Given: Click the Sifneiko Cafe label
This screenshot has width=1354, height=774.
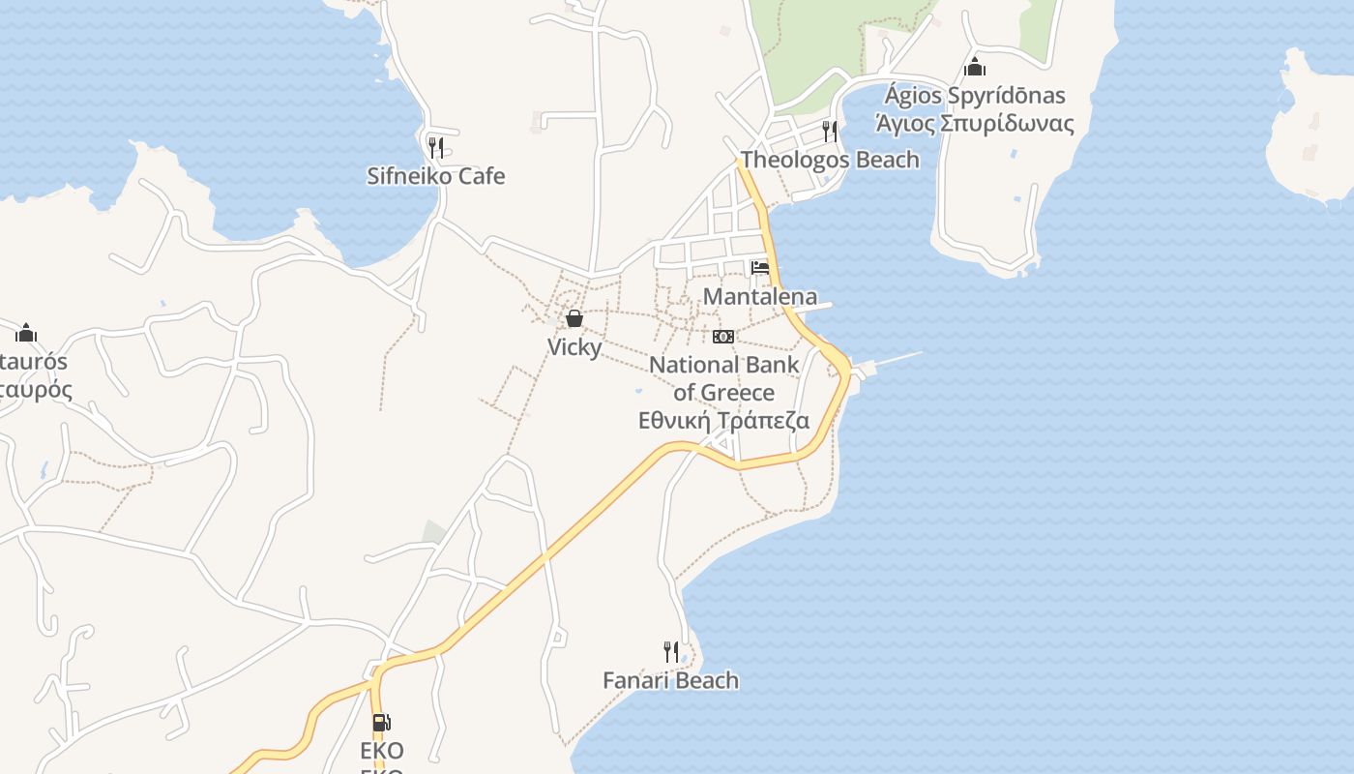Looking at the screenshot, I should coord(435,176).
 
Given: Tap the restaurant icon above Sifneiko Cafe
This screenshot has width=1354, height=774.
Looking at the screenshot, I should coord(436,147).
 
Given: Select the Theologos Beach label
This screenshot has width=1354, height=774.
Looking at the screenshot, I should coord(830,160).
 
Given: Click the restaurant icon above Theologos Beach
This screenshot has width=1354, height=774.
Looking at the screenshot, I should coord(830,131).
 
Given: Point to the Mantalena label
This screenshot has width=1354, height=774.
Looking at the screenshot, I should coord(759,296).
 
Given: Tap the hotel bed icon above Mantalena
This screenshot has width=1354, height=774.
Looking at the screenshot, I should coord(760,268).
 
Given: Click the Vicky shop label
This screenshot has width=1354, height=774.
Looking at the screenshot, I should coord(574,346).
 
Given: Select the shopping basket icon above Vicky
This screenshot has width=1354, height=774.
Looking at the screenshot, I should coord(574,318).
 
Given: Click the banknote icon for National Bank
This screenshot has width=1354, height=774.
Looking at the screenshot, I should coord(723,337).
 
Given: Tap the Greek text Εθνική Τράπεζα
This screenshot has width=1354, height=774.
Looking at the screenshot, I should coord(724,421).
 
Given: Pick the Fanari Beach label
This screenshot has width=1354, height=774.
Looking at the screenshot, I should coord(670,680).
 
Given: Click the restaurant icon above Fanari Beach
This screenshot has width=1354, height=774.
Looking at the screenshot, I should coord(670,651).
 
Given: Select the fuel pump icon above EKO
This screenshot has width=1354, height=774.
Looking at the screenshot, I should coord(382,722).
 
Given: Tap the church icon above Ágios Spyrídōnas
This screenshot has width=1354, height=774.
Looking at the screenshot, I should coord(975,67).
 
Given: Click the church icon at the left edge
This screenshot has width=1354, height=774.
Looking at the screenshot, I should coord(26,333).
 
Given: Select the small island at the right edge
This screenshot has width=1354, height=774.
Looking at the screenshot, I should coord(1310,135).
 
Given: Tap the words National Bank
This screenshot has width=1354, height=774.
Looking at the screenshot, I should coord(724,365).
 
